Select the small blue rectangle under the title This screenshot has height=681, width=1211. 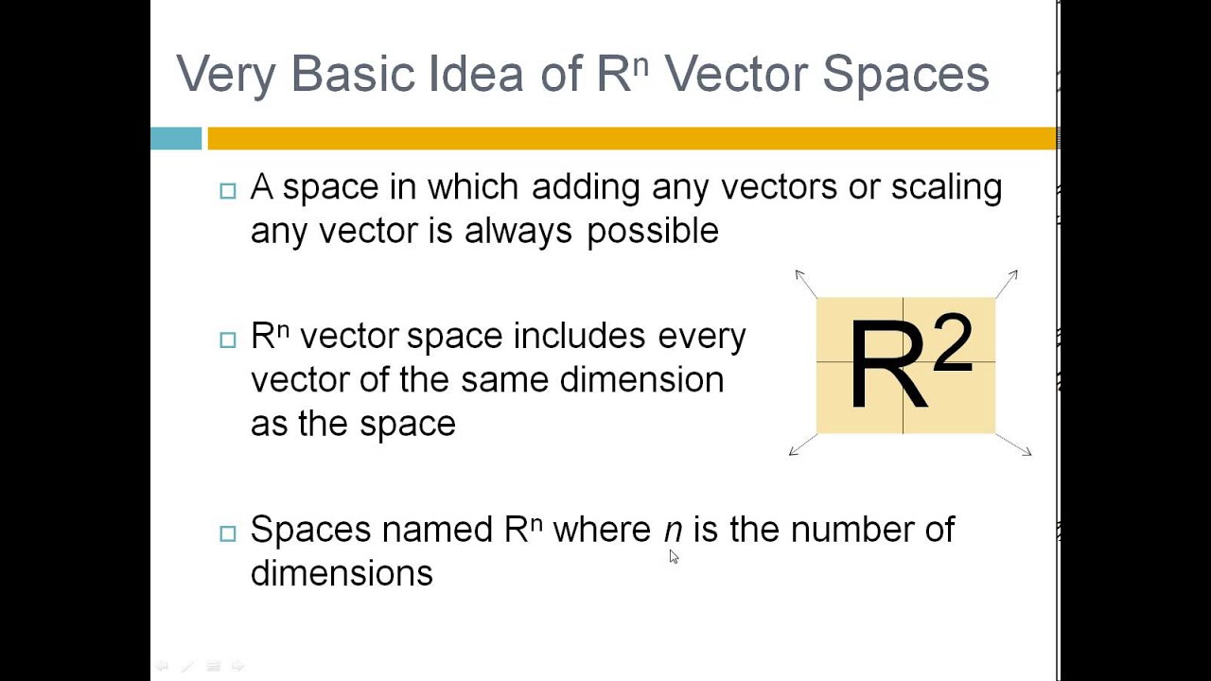176,138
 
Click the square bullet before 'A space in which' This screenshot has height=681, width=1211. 227,191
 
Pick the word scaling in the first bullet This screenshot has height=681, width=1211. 946,188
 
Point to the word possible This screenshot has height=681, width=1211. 653,232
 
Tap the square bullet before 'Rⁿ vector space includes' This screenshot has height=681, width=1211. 227,340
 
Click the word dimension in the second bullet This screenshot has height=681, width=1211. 641,380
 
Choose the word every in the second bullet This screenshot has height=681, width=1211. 702,337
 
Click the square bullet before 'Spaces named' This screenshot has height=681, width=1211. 227,533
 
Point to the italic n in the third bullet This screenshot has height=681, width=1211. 673,530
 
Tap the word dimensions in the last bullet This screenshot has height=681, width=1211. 342,573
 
